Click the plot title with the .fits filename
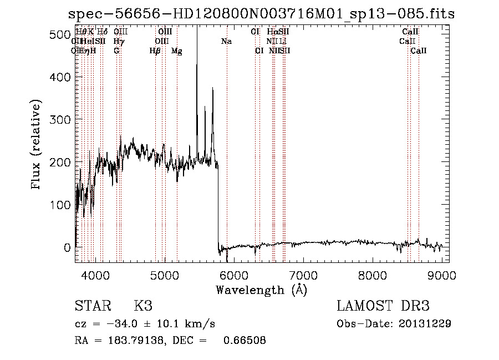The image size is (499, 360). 261,14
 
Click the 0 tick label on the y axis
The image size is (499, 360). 68,247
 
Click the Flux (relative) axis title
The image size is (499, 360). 37,145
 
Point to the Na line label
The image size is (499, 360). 226,41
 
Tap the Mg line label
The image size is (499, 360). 177,51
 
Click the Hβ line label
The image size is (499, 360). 155,51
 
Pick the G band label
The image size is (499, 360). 116,51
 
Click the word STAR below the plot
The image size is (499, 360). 92,306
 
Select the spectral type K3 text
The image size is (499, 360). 143,306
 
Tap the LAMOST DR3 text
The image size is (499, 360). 383,306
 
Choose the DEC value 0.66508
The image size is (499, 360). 244,341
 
